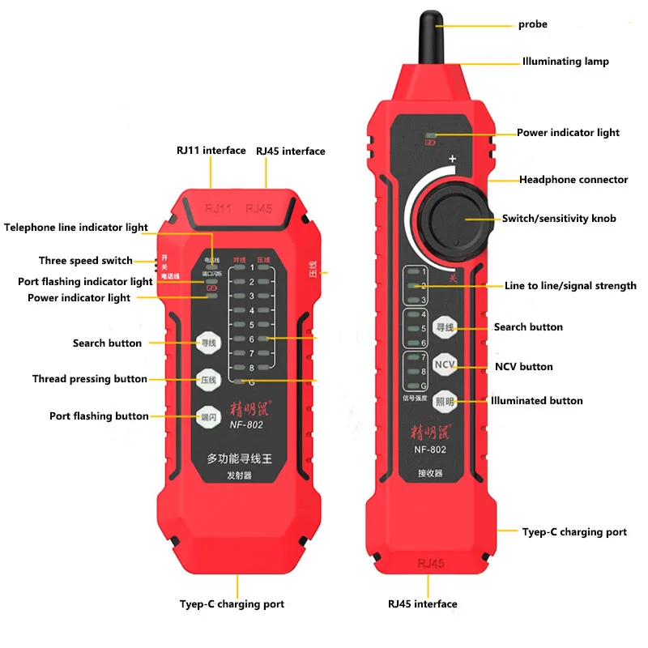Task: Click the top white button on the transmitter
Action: [x=209, y=343]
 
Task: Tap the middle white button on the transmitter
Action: [x=209, y=379]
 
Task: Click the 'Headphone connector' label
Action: [x=573, y=180]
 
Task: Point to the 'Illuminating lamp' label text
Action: [x=565, y=62]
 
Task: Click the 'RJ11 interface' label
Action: [x=211, y=151]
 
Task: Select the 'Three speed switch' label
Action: [x=85, y=261]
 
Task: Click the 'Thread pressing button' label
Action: [x=90, y=379]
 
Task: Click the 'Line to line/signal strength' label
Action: [x=570, y=286]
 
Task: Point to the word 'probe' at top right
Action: [x=533, y=24]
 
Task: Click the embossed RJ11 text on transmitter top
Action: [x=218, y=209]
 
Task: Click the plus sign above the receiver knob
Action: [x=453, y=160]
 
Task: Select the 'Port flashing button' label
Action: [x=99, y=416]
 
